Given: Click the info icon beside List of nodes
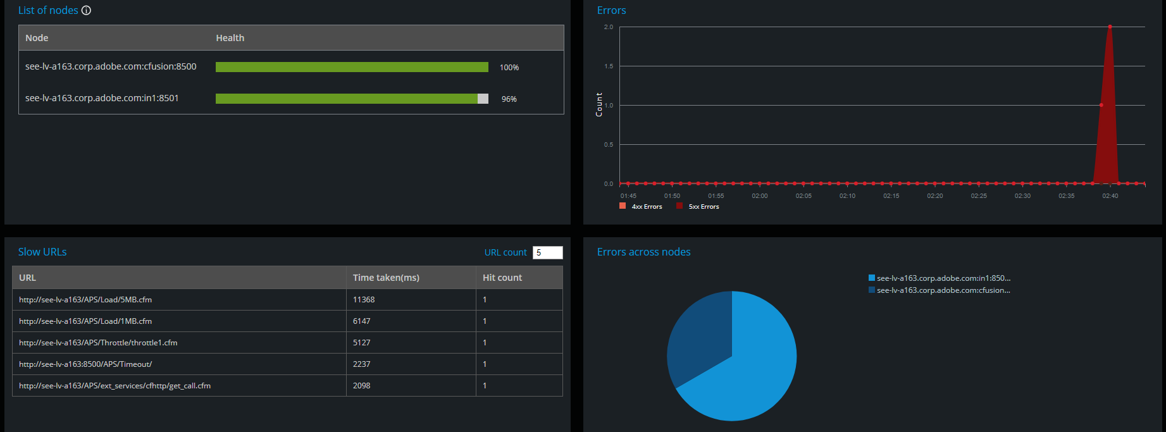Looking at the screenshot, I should (87, 11).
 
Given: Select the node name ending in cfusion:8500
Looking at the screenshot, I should (111, 66).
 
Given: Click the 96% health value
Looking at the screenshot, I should (509, 99).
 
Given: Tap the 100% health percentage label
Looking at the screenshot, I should (509, 68).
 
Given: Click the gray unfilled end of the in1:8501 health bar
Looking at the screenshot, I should (483, 99).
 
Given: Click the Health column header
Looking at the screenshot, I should (230, 38).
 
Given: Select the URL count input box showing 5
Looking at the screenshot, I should (547, 252).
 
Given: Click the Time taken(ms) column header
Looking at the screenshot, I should (386, 278).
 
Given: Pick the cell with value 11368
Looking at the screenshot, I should (364, 300).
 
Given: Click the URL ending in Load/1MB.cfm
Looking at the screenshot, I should (85, 321).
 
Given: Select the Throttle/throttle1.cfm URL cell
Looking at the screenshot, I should (98, 343).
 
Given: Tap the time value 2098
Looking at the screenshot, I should (361, 386).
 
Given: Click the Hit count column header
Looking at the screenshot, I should (502, 278).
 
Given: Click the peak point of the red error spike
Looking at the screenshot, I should (1110, 27).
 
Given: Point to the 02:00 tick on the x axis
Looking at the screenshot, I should (759, 196).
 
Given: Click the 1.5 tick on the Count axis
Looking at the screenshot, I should (609, 66).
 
